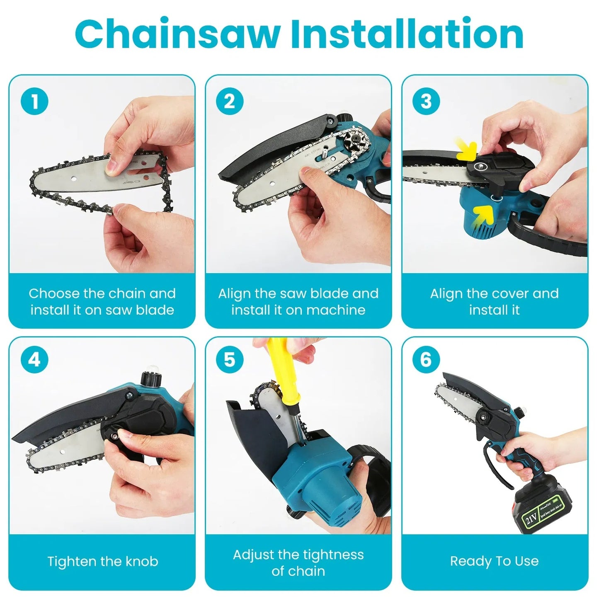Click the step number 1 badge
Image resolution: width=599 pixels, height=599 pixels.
[x=34, y=102]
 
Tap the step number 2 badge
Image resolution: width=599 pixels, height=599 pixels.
[x=230, y=102]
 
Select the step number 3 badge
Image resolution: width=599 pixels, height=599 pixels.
[x=426, y=102]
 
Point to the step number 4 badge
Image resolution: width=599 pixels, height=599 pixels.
[x=34, y=359]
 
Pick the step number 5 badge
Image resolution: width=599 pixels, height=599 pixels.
[x=230, y=359]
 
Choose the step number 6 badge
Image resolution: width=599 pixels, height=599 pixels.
[x=426, y=359]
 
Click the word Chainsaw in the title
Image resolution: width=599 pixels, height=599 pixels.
[x=177, y=34]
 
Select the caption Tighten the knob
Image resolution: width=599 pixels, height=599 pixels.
[x=102, y=561]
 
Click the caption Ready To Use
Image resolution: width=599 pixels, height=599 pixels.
[x=494, y=561]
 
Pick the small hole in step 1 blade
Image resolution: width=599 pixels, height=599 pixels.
[x=73, y=179]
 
